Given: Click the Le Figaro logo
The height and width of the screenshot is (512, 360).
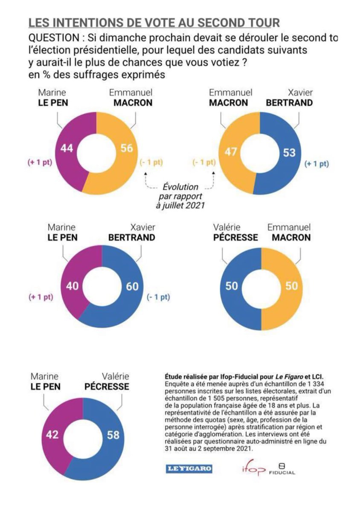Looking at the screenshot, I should (x=189, y=469).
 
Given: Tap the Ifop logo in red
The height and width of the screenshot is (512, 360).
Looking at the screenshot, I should (x=251, y=469).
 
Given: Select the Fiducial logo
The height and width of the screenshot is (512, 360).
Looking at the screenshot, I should (x=282, y=469).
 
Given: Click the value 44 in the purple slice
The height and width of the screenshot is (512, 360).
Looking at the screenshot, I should (x=67, y=149).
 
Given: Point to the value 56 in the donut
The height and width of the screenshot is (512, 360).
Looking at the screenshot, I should (x=127, y=149).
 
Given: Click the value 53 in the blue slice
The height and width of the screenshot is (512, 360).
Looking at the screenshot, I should (x=289, y=152).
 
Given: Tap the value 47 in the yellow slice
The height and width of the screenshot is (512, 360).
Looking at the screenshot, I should (x=230, y=152).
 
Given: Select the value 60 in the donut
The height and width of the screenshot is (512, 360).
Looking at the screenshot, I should (x=133, y=286).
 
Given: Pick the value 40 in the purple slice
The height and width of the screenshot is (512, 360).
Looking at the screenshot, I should (x=73, y=286).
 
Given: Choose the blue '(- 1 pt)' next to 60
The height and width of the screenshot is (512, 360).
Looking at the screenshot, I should (x=158, y=297).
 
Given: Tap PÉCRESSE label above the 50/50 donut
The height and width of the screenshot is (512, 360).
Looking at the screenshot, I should (x=235, y=237).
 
